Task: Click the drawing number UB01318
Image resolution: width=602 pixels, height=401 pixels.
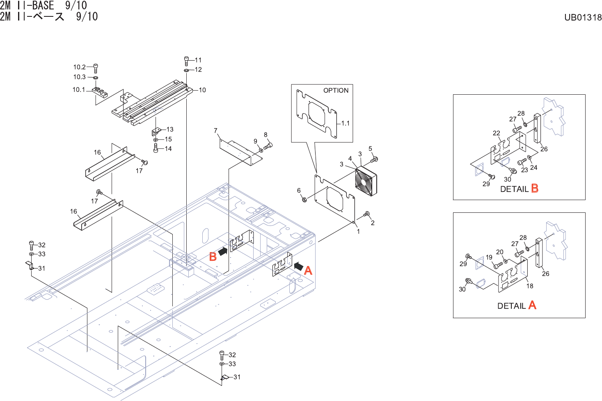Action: click(583, 17)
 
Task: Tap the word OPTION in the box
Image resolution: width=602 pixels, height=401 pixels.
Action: click(336, 90)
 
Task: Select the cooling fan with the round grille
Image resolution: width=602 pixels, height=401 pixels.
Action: click(366, 181)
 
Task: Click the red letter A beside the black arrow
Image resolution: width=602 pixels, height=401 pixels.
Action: click(308, 271)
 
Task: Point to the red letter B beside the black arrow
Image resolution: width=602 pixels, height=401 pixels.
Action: click(213, 257)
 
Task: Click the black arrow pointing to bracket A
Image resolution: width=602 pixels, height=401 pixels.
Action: click(299, 266)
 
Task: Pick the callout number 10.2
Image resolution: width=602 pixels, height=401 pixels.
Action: click(79, 67)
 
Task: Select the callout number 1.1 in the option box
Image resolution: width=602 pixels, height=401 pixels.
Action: click(346, 123)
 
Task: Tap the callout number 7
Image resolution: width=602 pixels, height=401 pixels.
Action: click(215, 131)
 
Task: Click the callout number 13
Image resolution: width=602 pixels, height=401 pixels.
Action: click(170, 129)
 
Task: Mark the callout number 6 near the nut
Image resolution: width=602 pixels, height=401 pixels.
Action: click(299, 190)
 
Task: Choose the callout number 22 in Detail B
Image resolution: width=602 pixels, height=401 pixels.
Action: click(497, 133)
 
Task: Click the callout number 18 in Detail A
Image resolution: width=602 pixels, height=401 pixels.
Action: click(530, 286)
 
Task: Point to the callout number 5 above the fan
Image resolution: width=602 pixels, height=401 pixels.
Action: click(370, 148)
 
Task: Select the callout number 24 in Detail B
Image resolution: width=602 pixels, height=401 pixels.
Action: click(533, 167)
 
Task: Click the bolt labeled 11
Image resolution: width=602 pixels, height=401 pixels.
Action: click(187, 61)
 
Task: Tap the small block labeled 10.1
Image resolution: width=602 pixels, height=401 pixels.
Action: click(100, 91)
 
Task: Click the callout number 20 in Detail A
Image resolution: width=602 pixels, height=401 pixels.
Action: click(499, 252)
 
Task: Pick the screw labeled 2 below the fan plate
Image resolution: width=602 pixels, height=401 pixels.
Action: click(366, 214)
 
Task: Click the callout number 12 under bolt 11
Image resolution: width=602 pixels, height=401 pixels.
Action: click(198, 70)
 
